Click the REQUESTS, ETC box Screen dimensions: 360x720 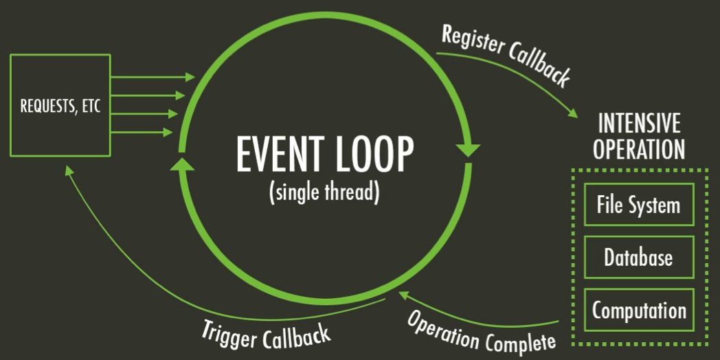click(60, 106)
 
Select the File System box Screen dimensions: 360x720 click(638, 205)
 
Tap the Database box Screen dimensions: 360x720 click(638, 258)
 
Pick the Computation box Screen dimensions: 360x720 click(638, 310)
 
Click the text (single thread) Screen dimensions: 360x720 click(324, 192)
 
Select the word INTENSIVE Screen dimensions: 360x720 click(639, 124)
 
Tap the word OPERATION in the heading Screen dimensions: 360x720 click(639, 149)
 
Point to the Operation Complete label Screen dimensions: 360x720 click(480, 331)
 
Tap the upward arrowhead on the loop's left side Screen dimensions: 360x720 click(181, 164)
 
